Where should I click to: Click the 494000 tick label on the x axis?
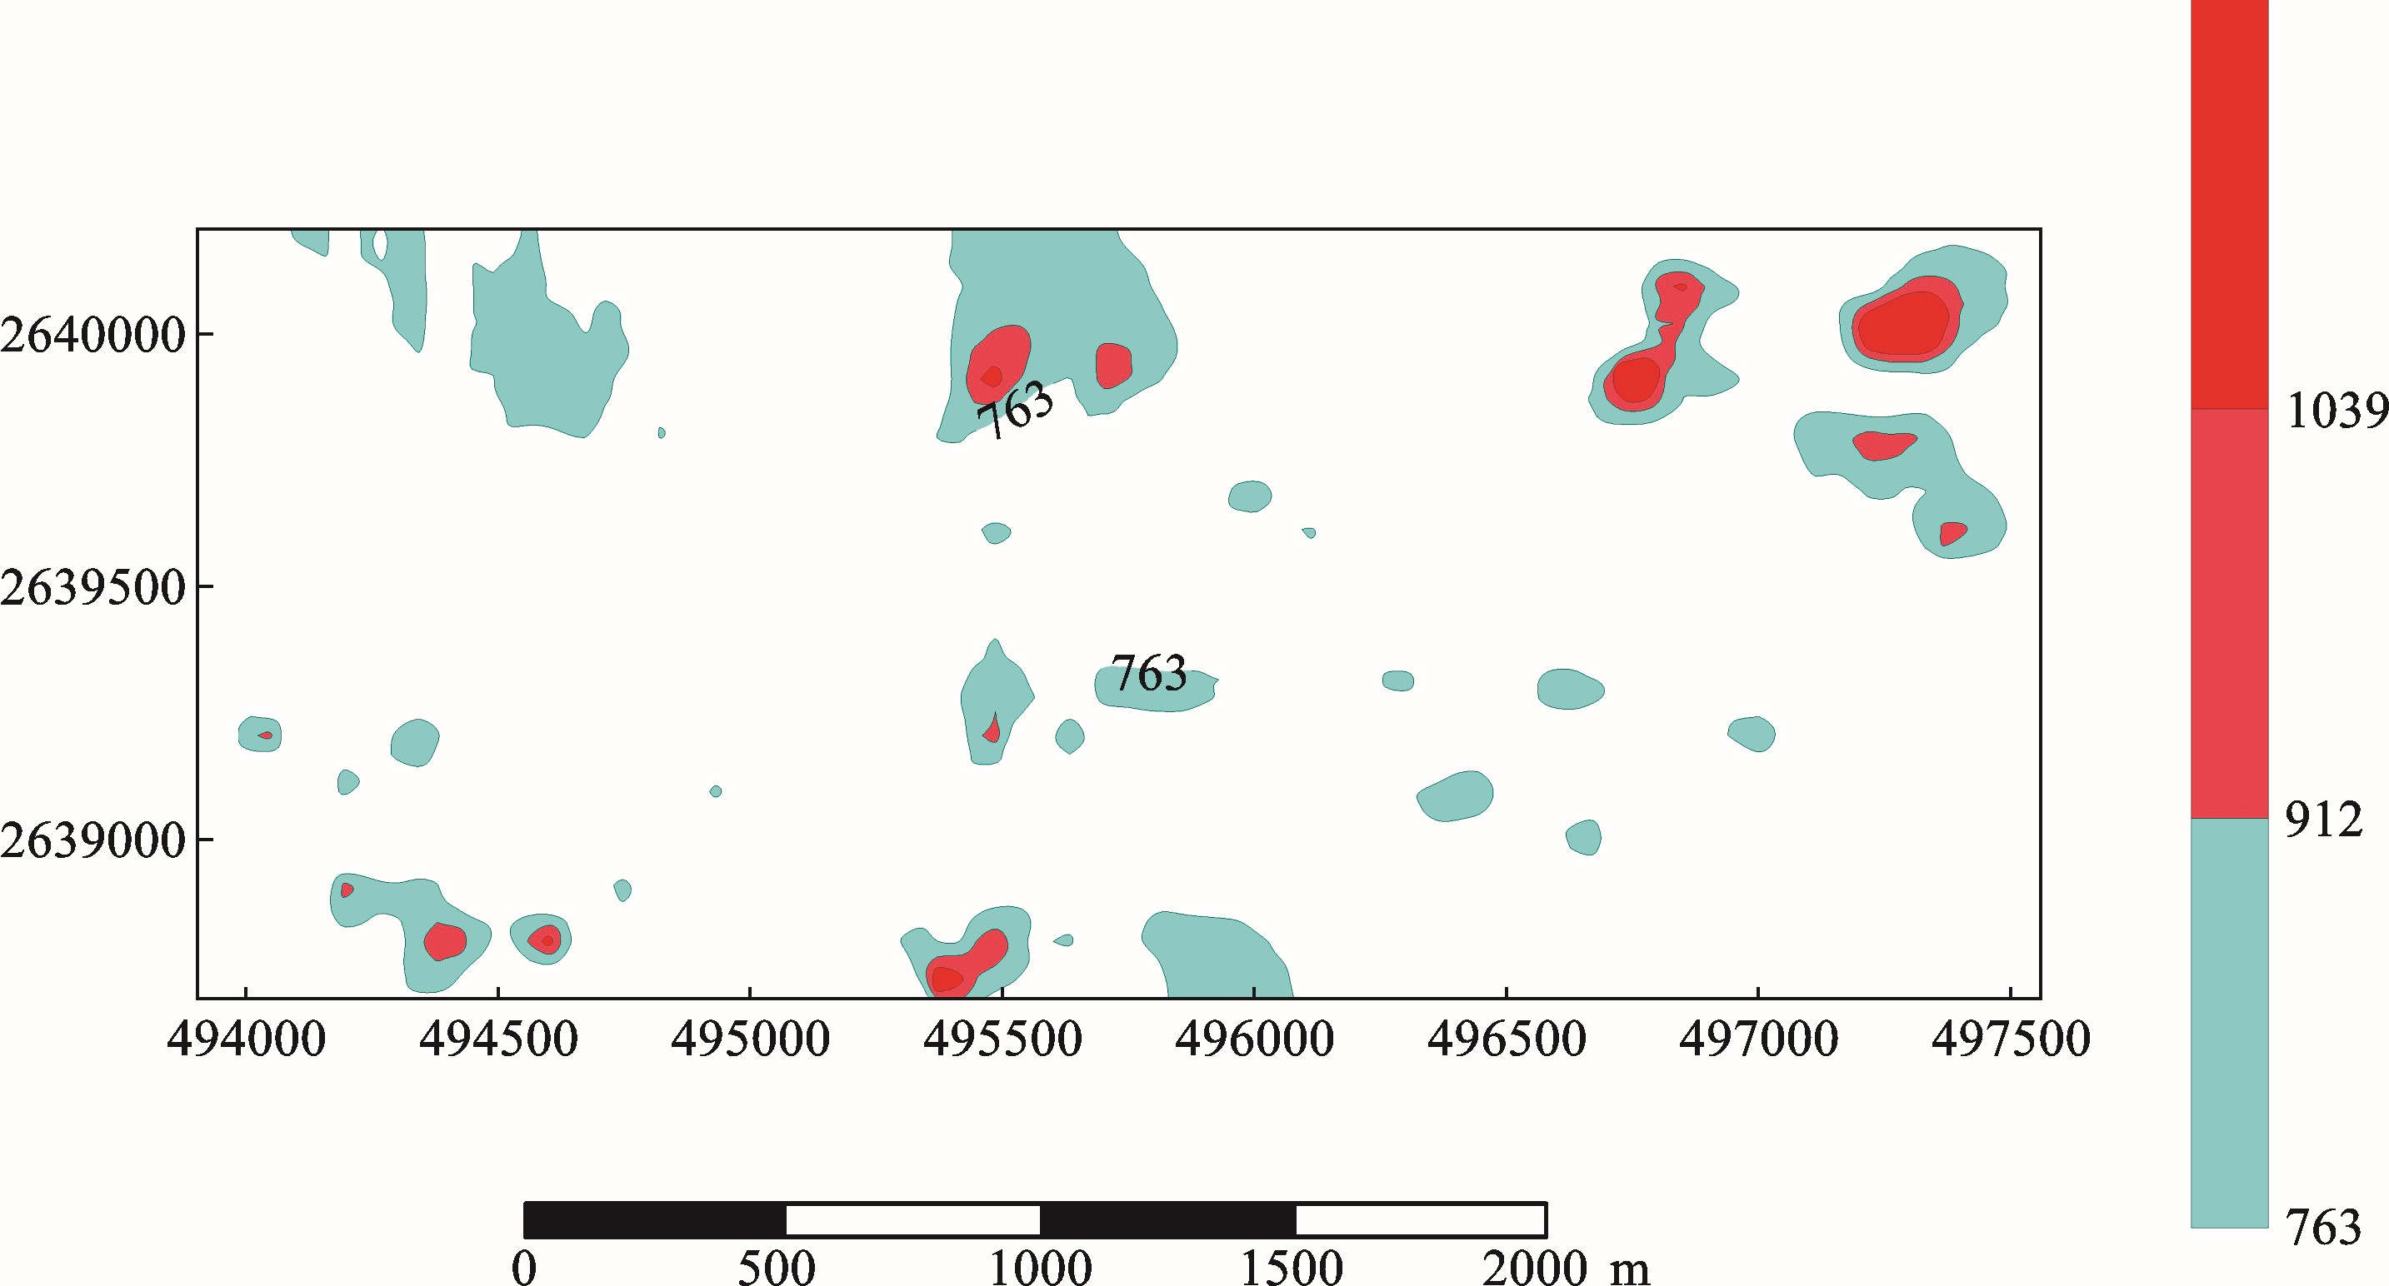point(246,1039)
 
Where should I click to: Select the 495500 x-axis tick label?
point(1002,1039)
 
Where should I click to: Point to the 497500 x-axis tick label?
point(2011,1039)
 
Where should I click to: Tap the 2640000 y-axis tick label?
point(92,335)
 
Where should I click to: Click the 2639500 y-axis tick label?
point(92,588)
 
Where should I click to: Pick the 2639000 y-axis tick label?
point(92,841)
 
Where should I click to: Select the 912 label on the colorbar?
point(2323,820)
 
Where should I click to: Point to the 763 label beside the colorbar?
point(2323,1229)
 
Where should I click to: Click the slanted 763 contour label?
point(1016,410)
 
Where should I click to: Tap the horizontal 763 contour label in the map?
point(1149,673)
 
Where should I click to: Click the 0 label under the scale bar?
point(524,1269)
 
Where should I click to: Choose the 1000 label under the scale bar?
point(1040,1269)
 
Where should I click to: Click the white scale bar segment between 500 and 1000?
point(912,1220)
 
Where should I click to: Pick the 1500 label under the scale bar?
point(1292,1269)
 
